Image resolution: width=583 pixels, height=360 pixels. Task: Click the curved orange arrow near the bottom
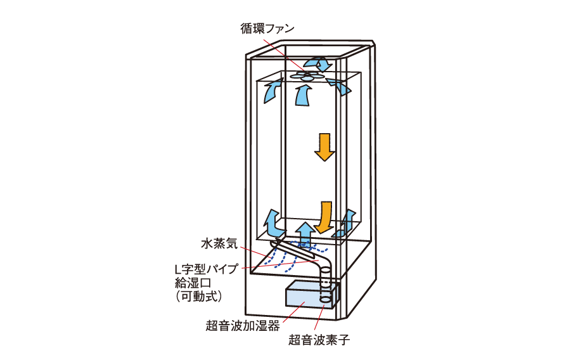click(x=326, y=216)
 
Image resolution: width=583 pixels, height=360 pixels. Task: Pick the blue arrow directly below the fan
click(x=305, y=96)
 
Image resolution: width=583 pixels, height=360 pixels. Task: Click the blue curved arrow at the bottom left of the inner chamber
click(x=273, y=222)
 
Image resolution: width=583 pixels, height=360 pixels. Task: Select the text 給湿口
click(x=191, y=283)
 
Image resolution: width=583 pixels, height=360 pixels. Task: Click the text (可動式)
click(x=198, y=296)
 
